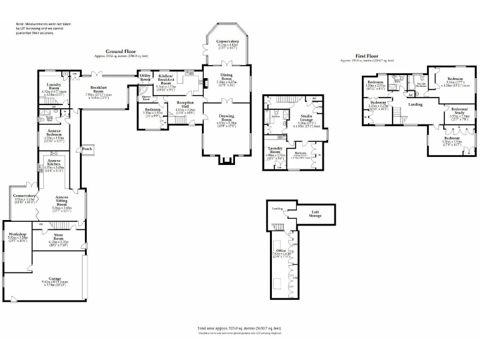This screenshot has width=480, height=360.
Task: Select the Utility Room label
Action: coord(146,77)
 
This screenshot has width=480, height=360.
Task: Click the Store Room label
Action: coord(58,237)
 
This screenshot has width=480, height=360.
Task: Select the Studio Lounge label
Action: coord(307,119)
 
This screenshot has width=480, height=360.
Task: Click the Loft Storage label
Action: coord(316,214)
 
